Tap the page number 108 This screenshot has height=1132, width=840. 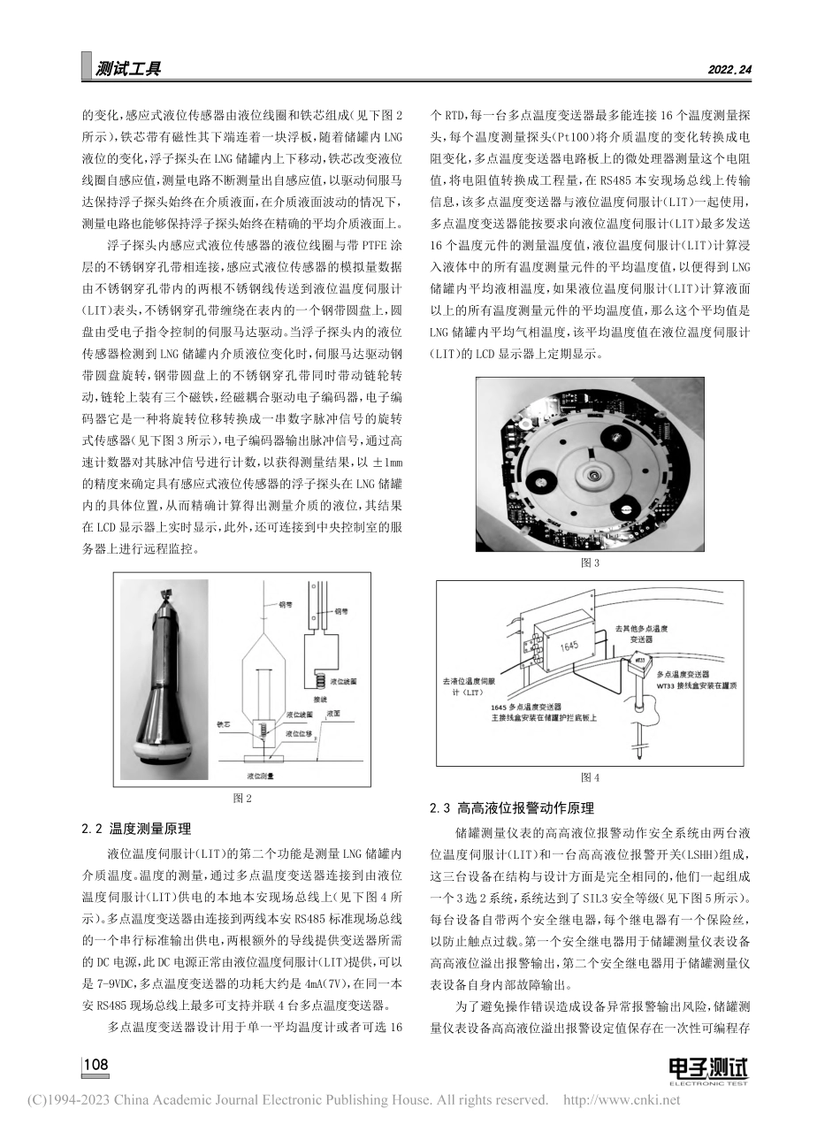point(95,1064)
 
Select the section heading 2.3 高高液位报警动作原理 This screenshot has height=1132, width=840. point(511,807)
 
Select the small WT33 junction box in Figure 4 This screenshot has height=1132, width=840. point(638,661)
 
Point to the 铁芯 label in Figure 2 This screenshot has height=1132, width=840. point(224,723)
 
